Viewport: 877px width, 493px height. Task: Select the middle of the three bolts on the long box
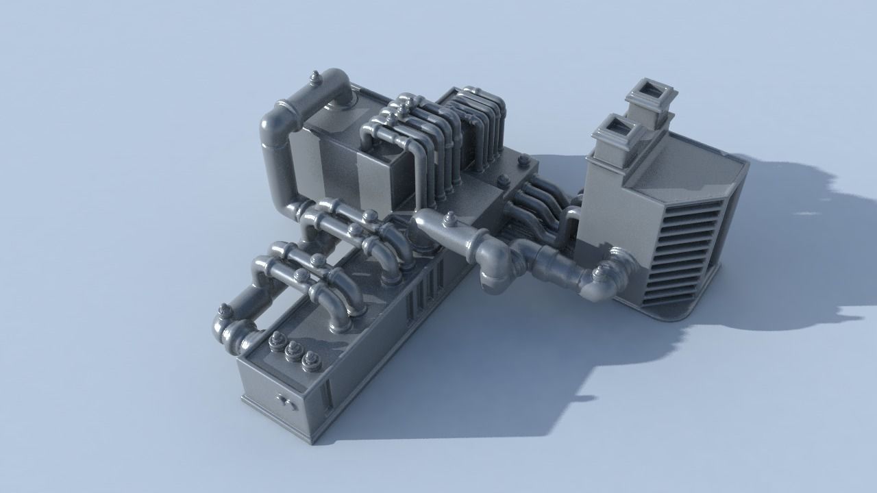click(294, 349)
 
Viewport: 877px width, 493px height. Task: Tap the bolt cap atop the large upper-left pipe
click(315, 77)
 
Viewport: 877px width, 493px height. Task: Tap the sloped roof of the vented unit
click(692, 164)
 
